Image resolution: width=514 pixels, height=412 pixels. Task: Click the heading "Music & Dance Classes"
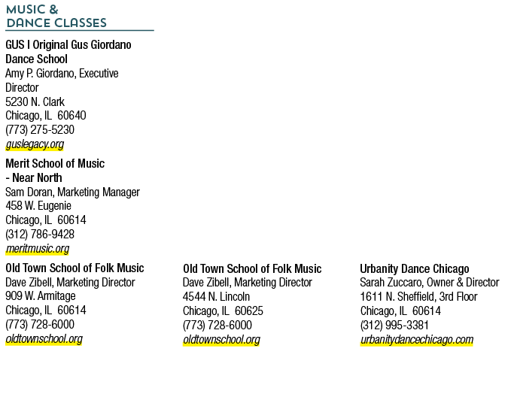pyautogui.click(x=56, y=17)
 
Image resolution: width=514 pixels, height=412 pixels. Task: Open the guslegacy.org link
pyautogui.click(x=35, y=144)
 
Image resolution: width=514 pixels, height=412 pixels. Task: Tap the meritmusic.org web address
pyautogui.click(x=38, y=249)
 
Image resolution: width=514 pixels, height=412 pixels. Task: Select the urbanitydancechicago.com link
pyautogui.click(x=417, y=340)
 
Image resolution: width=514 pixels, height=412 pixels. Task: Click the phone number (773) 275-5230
pyautogui.click(x=40, y=130)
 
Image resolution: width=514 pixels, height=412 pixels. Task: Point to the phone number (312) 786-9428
pyautogui.click(x=40, y=234)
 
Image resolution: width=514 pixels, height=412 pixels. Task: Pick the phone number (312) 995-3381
pyautogui.click(x=394, y=326)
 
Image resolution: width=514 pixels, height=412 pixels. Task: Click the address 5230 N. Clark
pyautogui.click(x=35, y=101)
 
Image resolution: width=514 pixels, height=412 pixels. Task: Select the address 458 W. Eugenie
pyautogui.click(x=38, y=206)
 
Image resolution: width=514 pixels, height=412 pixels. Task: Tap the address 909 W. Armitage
pyautogui.click(x=41, y=295)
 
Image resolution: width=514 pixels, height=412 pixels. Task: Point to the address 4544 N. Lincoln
pyautogui.click(x=216, y=297)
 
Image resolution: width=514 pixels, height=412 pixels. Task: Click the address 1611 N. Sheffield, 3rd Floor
pyautogui.click(x=418, y=297)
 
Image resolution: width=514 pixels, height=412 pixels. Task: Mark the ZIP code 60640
pyautogui.click(x=71, y=116)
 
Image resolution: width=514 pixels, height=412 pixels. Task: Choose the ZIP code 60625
pyautogui.click(x=249, y=311)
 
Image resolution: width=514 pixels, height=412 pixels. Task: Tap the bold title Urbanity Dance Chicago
pyautogui.click(x=415, y=268)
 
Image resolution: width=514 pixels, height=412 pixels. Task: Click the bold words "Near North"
pyautogui.click(x=37, y=178)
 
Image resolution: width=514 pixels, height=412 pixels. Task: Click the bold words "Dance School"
pyautogui.click(x=36, y=59)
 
